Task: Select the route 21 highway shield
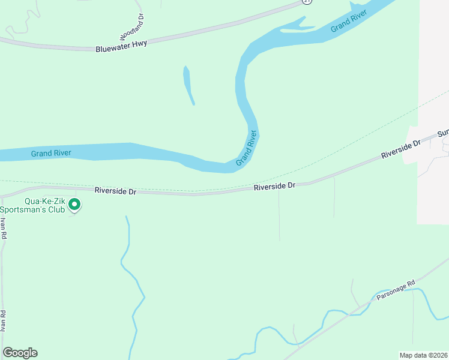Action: pos(307,2)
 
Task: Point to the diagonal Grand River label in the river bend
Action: pos(246,148)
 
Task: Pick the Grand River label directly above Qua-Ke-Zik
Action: pos(51,154)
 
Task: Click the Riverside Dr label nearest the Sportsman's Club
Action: pos(115,191)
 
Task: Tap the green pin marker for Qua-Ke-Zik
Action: pos(74,205)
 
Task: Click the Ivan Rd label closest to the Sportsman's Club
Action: pos(3,228)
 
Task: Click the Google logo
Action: pos(20,353)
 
